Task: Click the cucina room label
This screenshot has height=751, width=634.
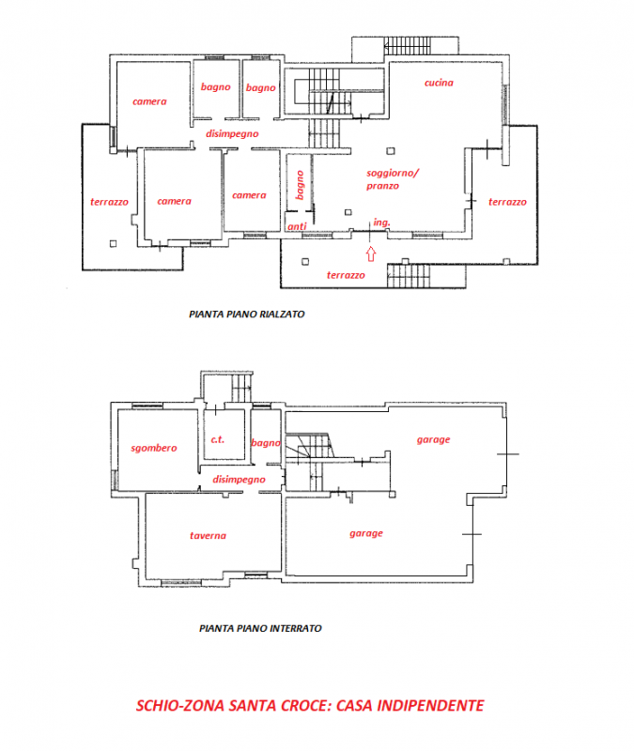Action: click(x=438, y=83)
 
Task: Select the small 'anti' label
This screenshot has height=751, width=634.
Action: click(x=296, y=226)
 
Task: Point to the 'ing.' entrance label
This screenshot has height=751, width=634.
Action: click(x=380, y=222)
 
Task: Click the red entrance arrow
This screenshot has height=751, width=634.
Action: click(x=371, y=253)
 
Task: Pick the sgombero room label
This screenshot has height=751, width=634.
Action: click(x=153, y=448)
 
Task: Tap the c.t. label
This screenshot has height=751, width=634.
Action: click(x=216, y=438)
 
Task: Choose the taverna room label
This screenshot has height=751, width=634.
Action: click(x=207, y=536)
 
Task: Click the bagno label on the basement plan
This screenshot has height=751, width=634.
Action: click(x=266, y=442)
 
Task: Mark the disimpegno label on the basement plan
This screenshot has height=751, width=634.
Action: click(x=239, y=480)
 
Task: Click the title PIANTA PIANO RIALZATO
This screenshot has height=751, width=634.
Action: click(x=246, y=315)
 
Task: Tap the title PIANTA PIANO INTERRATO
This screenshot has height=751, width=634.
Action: click(x=260, y=628)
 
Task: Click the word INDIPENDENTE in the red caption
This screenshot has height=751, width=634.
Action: click(x=425, y=705)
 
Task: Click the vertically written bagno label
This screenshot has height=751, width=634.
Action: click(x=299, y=185)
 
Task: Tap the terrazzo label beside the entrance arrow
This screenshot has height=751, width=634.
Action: click(x=345, y=275)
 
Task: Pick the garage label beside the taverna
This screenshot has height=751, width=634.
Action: click(x=366, y=533)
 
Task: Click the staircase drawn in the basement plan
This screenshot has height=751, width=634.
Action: click(x=310, y=455)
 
